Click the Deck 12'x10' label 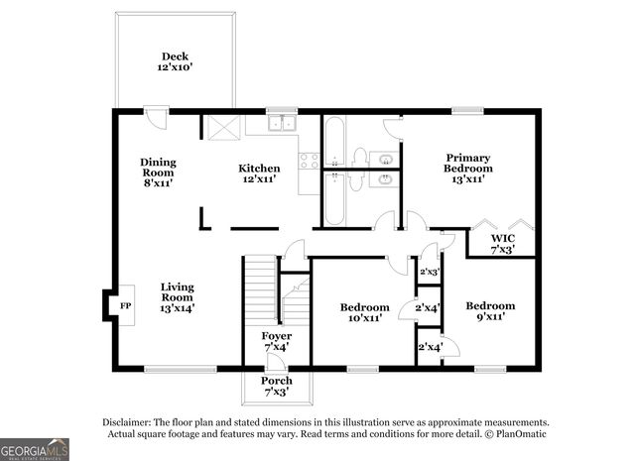(176, 62)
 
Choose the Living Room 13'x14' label (178, 297)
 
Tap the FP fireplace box (125, 306)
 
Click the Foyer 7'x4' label (276, 342)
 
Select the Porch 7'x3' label (277, 387)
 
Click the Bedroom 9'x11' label (490, 311)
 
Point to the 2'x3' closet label (429, 272)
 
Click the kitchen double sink (283, 124)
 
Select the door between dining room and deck (155, 116)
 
